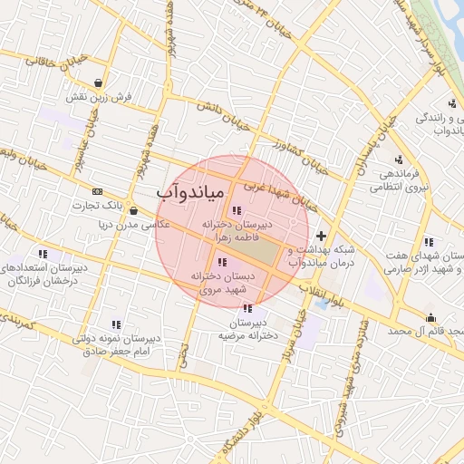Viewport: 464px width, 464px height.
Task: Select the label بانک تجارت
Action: pyautogui.click(x=97, y=206)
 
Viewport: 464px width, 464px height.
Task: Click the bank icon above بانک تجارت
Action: pyautogui.click(x=97, y=191)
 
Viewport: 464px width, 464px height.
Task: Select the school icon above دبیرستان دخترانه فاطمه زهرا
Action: pyautogui.click(x=237, y=210)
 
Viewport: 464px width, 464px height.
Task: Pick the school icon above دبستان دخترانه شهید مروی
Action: pyautogui.click(x=223, y=262)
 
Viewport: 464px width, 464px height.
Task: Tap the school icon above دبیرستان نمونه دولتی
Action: pyautogui.click(x=116, y=324)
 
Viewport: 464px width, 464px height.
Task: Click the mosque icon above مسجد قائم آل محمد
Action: pyautogui.click(x=430, y=317)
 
